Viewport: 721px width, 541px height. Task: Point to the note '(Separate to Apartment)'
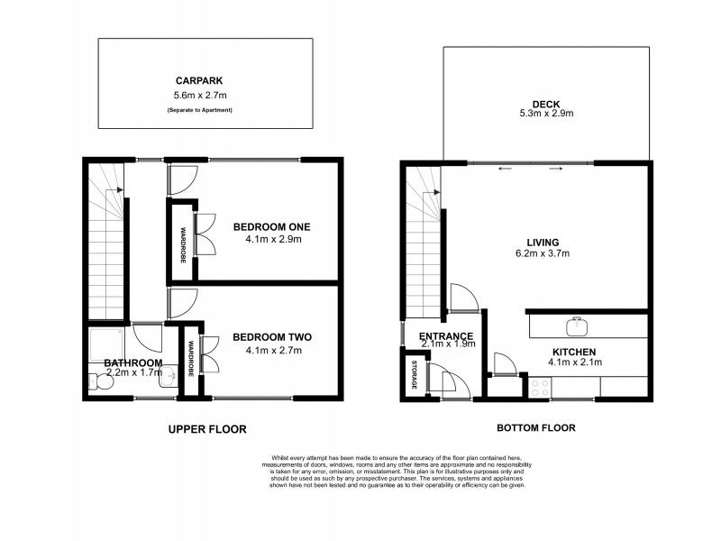[205, 109]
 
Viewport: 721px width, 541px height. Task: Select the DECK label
[546, 103]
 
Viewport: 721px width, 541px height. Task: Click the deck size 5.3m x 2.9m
[546, 114]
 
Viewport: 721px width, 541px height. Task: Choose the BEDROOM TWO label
[271, 337]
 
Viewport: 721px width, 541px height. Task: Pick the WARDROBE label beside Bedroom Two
[191, 359]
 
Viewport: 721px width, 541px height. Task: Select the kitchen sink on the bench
[573, 326]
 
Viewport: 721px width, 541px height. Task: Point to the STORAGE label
[415, 374]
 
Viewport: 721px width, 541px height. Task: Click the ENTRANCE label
[446, 338]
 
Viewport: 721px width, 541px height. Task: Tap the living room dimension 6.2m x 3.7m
[543, 253]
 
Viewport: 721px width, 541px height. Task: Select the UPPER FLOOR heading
[206, 429]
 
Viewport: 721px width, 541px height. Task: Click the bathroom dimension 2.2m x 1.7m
[133, 371]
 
